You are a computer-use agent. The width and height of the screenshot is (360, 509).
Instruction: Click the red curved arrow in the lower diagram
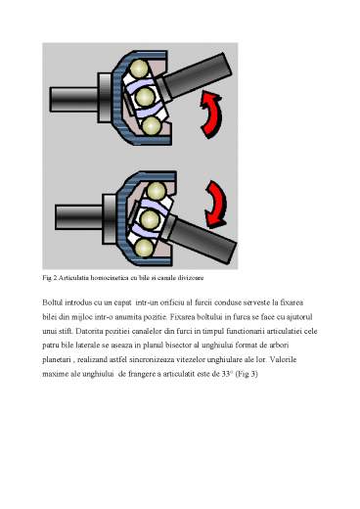point(210,199)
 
